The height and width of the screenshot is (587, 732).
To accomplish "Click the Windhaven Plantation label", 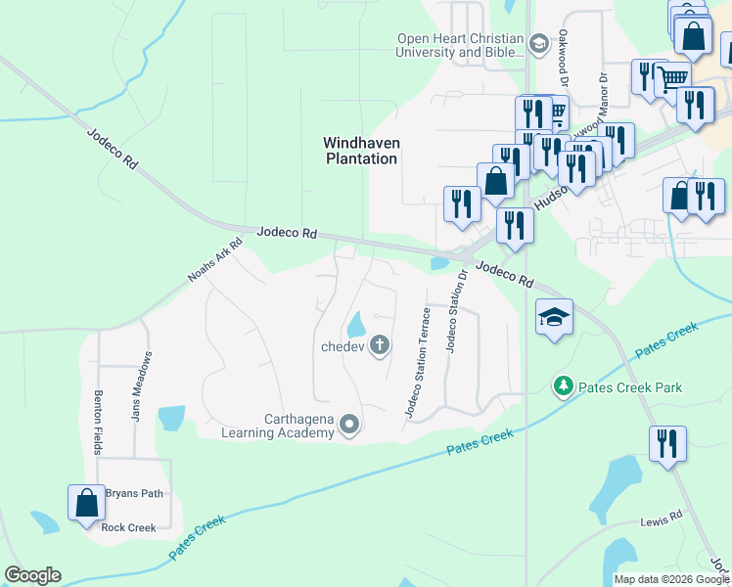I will point(362,150).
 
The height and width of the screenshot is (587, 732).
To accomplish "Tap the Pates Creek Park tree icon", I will point(563,387).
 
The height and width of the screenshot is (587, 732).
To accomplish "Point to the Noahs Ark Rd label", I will point(214,262).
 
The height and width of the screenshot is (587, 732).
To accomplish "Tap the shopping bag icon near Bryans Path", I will point(86,502).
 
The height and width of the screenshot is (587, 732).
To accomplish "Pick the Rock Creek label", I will point(128,528).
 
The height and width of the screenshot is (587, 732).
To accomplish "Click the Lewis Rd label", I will point(662,523).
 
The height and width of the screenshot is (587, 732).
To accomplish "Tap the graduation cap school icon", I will point(554,317).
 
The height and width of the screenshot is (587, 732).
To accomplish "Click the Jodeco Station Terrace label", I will point(418,363).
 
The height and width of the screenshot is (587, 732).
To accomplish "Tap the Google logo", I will point(32,575).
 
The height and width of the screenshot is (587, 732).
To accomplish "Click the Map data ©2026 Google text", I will point(669,579).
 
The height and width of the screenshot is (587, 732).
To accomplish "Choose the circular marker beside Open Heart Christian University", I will point(538,44).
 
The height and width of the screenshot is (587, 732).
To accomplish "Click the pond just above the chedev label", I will point(355,323).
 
